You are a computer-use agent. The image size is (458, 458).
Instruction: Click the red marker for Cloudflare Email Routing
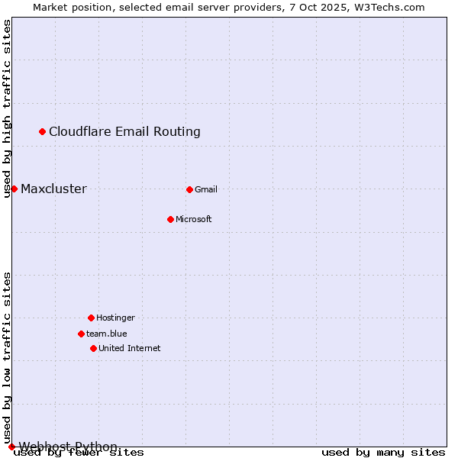(42, 131)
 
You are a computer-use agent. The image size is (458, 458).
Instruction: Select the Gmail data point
(189, 189)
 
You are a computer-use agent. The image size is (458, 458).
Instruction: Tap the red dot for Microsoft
(170, 219)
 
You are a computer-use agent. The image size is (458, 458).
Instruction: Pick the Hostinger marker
(91, 318)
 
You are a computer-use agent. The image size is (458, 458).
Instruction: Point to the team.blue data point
(81, 334)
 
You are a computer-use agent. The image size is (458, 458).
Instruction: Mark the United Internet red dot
(93, 348)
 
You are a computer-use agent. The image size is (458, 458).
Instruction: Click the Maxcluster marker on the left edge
(14, 189)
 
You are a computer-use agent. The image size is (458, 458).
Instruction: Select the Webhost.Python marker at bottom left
(11, 447)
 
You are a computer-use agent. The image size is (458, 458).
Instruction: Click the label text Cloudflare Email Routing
(124, 131)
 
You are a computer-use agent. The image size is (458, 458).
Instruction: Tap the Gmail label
(206, 189)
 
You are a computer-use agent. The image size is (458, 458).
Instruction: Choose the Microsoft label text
(194, 219)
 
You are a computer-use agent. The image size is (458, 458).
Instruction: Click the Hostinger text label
(115, 318)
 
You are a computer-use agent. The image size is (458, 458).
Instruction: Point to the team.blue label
(107, 334)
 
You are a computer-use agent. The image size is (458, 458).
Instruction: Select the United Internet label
(130, 348)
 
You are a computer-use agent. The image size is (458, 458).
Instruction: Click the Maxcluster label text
(53, 189)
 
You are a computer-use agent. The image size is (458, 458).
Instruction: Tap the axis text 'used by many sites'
(383, 453)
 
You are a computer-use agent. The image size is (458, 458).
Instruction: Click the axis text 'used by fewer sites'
(79, 453)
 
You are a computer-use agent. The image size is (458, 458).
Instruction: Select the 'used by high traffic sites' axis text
(8, 108)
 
